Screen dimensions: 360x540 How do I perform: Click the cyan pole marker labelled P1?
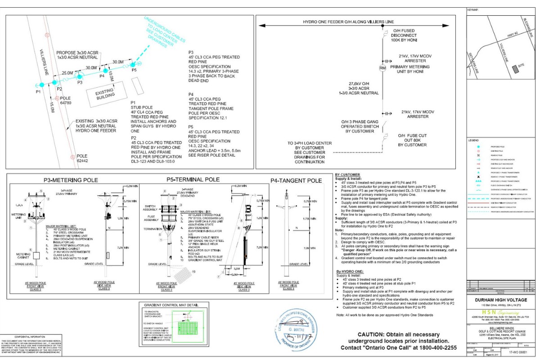(41, 85)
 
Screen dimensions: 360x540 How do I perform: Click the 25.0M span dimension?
(67, 73)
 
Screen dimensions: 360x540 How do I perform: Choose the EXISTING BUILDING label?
(102, 94)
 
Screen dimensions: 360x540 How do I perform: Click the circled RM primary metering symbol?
(382, 68)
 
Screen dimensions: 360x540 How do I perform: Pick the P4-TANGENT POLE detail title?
(296, 180)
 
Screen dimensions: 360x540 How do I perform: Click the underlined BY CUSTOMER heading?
(347, 175)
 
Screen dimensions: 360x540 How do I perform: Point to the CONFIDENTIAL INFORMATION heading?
(31, 337)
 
